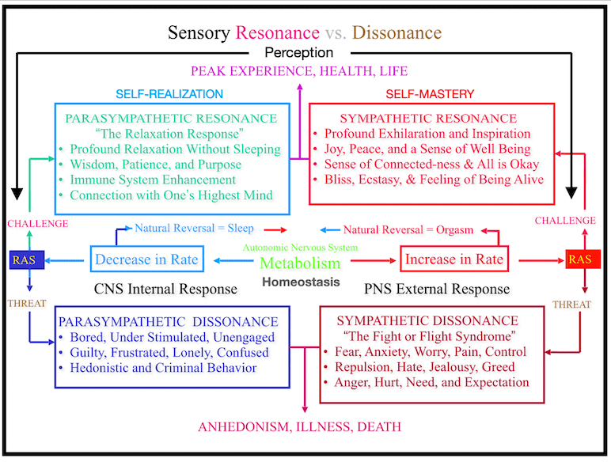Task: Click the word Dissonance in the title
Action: pos(397,32)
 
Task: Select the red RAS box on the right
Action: pos(581,259)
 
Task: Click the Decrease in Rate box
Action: pos(146,259)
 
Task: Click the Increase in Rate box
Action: pos(454,259)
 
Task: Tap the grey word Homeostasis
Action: pos(301,281)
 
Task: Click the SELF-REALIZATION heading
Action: pos(169,94)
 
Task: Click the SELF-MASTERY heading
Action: pos(430,94)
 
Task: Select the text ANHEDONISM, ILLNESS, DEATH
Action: pos(299,427)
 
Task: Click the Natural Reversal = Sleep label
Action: pos(194,229)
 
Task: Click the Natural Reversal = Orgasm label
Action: pos(408,230)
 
